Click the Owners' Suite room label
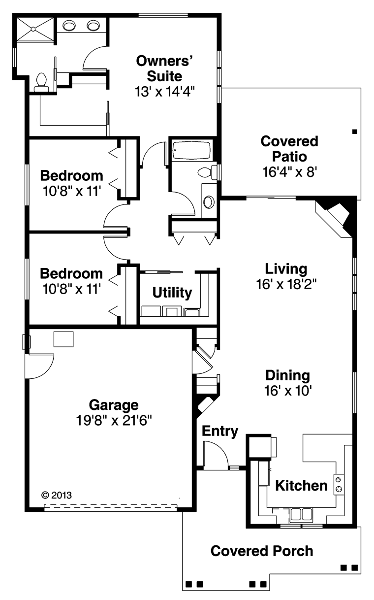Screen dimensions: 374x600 (x=164, y=68)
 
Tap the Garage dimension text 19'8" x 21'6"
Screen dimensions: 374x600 (x=114, y=420)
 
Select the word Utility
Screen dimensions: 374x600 (x=172, y=293)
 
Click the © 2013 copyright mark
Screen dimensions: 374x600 (x=57, y=495)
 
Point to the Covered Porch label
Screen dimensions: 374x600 (x=262, y=551)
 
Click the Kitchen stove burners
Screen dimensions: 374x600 (x=339, y=484)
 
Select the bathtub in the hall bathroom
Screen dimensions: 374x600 (x=191, y=150)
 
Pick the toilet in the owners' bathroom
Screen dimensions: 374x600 (x=41, y=82)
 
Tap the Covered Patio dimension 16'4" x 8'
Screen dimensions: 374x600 (x=289, y=172)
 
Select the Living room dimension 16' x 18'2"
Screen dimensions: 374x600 (x=286, y=284)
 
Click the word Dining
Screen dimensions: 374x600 (x=287, y=375)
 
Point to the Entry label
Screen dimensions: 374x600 (x=220, y=431)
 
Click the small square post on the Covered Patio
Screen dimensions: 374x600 (x=355, y=132)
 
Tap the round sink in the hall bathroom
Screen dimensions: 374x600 (x=209, y=201)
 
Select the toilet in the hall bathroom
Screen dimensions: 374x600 (x=208, y=172)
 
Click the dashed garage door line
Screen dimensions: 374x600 (x=111, y=505)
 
